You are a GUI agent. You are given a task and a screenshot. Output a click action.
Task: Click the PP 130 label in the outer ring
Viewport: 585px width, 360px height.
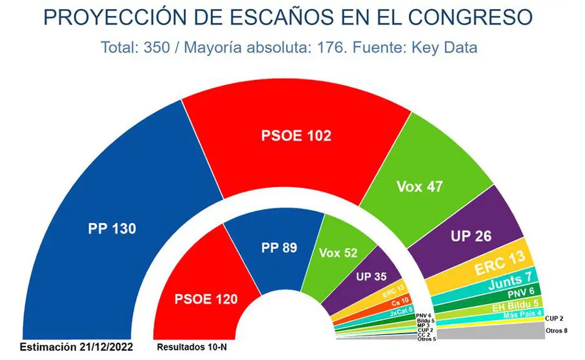coord(112,228)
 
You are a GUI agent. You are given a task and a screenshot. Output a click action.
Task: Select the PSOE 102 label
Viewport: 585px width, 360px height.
coord(296,136)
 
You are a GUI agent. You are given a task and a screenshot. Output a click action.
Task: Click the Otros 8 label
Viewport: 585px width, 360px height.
coord(557,331)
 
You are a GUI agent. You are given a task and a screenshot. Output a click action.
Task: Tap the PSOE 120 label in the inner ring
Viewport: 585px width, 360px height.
coord(206,299)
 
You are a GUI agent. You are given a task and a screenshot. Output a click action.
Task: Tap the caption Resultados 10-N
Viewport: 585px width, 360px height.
coord(192,348)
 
